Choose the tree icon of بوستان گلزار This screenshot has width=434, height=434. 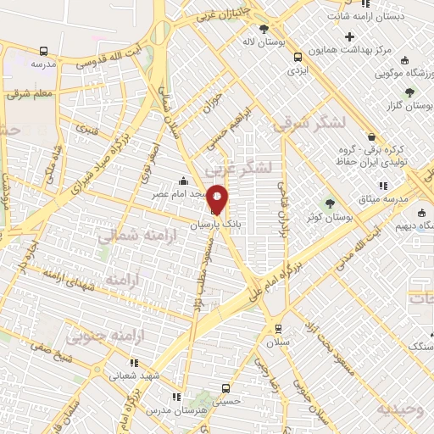click(x=409, y=92)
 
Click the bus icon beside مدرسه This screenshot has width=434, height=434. click(x=43, y=50)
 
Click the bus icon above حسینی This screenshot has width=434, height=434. click(x=225, y=388)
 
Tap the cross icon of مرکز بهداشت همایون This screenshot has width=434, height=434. click(x=350, y=36)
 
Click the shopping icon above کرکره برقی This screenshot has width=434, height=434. click(x=370, y=136)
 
